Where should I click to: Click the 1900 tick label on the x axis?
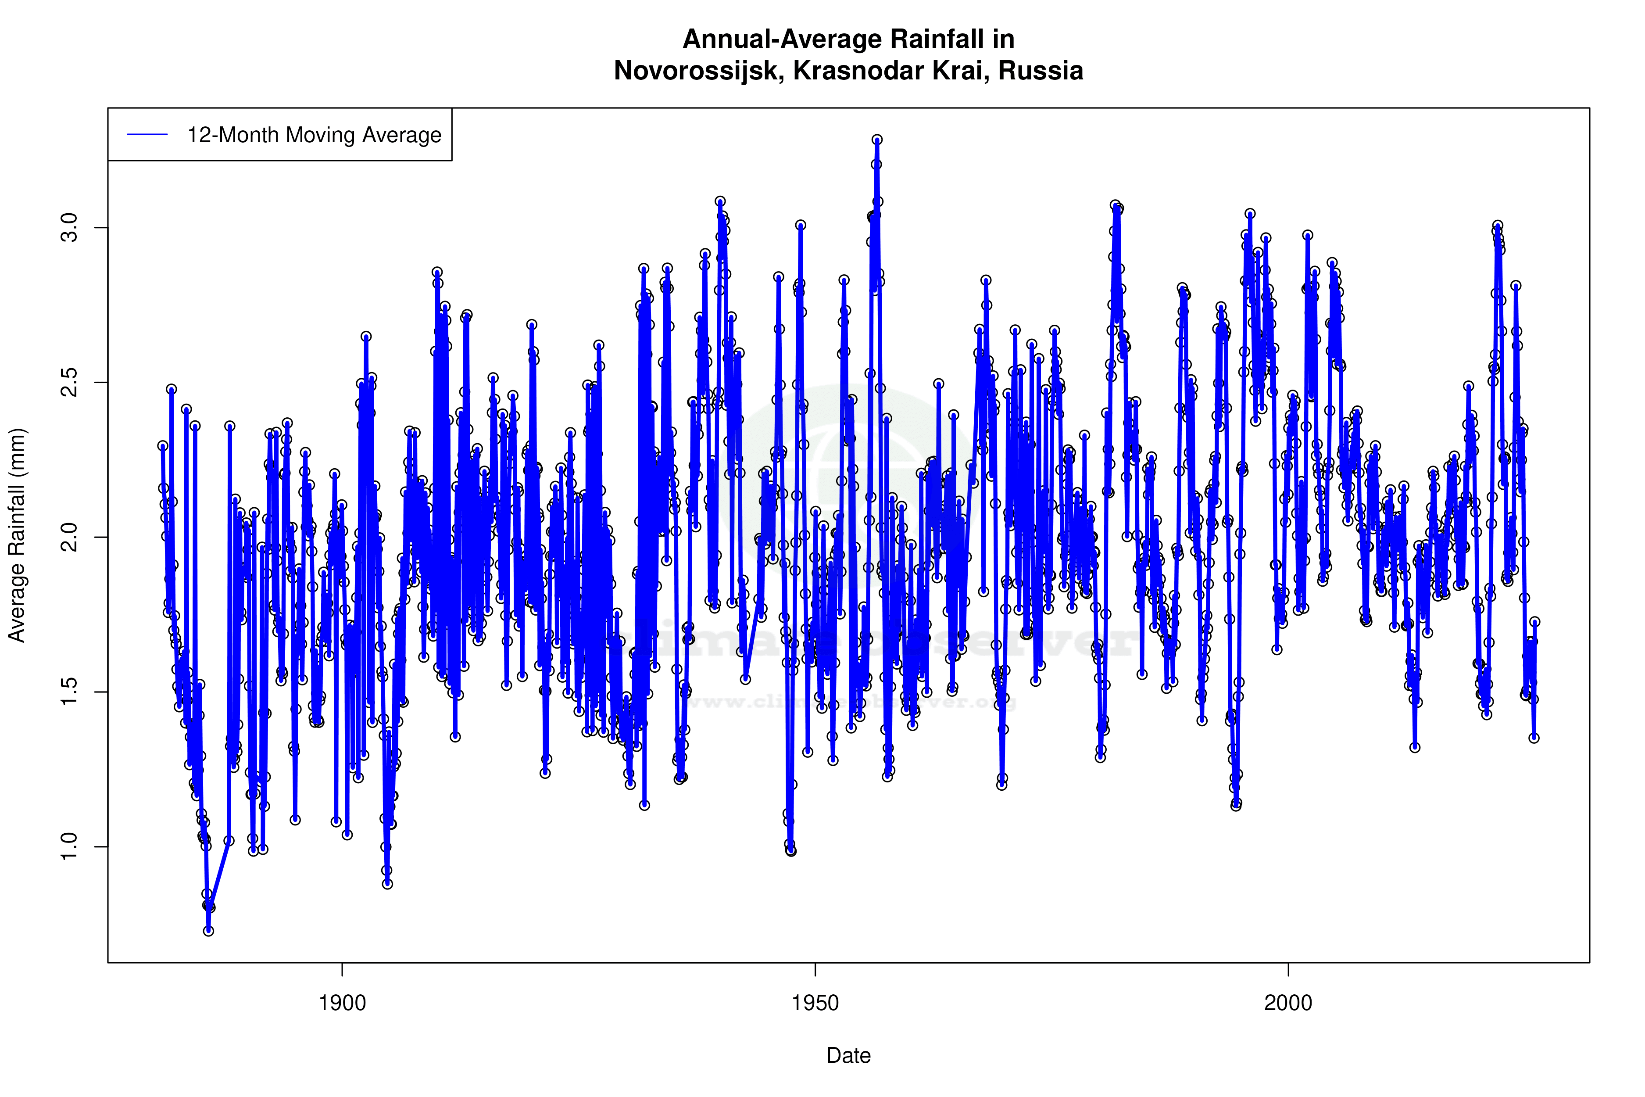342,1003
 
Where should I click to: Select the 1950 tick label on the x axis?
815,1003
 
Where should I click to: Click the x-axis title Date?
848,1056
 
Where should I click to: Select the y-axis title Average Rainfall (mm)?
17,535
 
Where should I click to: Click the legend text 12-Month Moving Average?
314,135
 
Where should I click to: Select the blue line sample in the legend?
147,135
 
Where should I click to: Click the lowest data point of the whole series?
208,931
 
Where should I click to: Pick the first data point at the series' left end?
163,446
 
